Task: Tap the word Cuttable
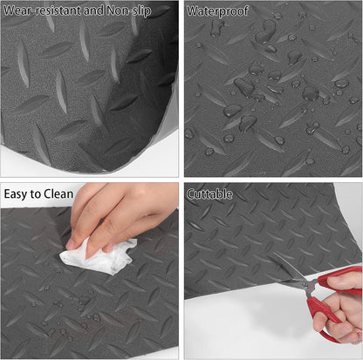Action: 212,194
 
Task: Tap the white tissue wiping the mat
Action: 92,256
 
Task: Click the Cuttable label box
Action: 212,194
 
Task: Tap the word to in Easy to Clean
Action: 39,194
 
